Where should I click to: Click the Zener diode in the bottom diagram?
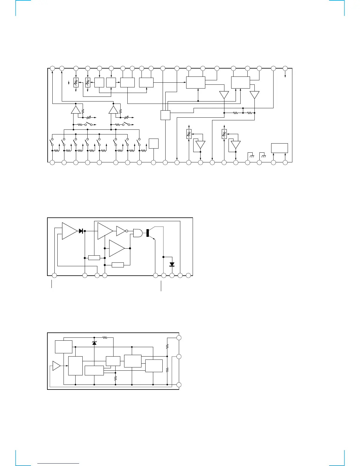point(94,343)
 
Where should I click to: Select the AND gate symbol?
point(138,233)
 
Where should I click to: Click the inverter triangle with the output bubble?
point(121,231)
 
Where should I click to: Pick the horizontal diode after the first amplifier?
point(81,231)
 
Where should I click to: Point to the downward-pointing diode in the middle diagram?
point(172,264)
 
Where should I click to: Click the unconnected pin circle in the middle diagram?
point(189,275)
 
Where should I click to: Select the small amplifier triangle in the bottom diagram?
point(56,366)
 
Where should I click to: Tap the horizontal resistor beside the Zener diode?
point(105,337)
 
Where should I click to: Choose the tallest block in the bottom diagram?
point(75,366)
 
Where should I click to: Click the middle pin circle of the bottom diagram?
point(179,357)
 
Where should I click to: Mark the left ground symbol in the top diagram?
point(251,155)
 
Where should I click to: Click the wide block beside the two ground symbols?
point(279,148)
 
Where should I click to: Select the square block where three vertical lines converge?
point(165,115)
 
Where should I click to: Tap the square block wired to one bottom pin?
point(154,144)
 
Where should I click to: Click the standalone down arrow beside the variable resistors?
point(69,83)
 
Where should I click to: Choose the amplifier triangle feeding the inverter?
point(105,231)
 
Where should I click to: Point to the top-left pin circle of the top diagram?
point(52,68)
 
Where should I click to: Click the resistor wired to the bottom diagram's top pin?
point(167,347)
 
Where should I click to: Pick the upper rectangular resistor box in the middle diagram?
point(94,258)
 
